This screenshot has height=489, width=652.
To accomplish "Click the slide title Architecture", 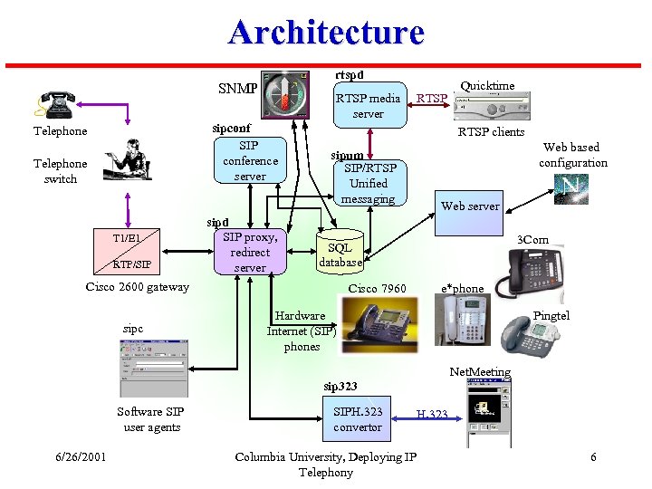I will coord(326,32).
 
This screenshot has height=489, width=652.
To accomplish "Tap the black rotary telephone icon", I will coord(56,102).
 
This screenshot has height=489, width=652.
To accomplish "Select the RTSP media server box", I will coord(368,106).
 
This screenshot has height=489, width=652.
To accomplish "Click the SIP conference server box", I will coord(250,160).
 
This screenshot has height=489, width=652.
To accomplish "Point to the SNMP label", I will coord(238,89).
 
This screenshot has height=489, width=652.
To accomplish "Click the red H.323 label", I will coord(432,415).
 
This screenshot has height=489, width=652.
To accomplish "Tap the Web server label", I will coord(470,206).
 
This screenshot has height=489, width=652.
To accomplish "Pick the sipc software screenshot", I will coord(153,366).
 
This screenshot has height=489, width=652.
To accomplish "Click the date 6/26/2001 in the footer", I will coord(80,456).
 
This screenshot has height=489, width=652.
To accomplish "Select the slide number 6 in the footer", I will coord(593,456).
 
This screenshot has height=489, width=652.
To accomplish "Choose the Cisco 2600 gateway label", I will coord(138,287).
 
